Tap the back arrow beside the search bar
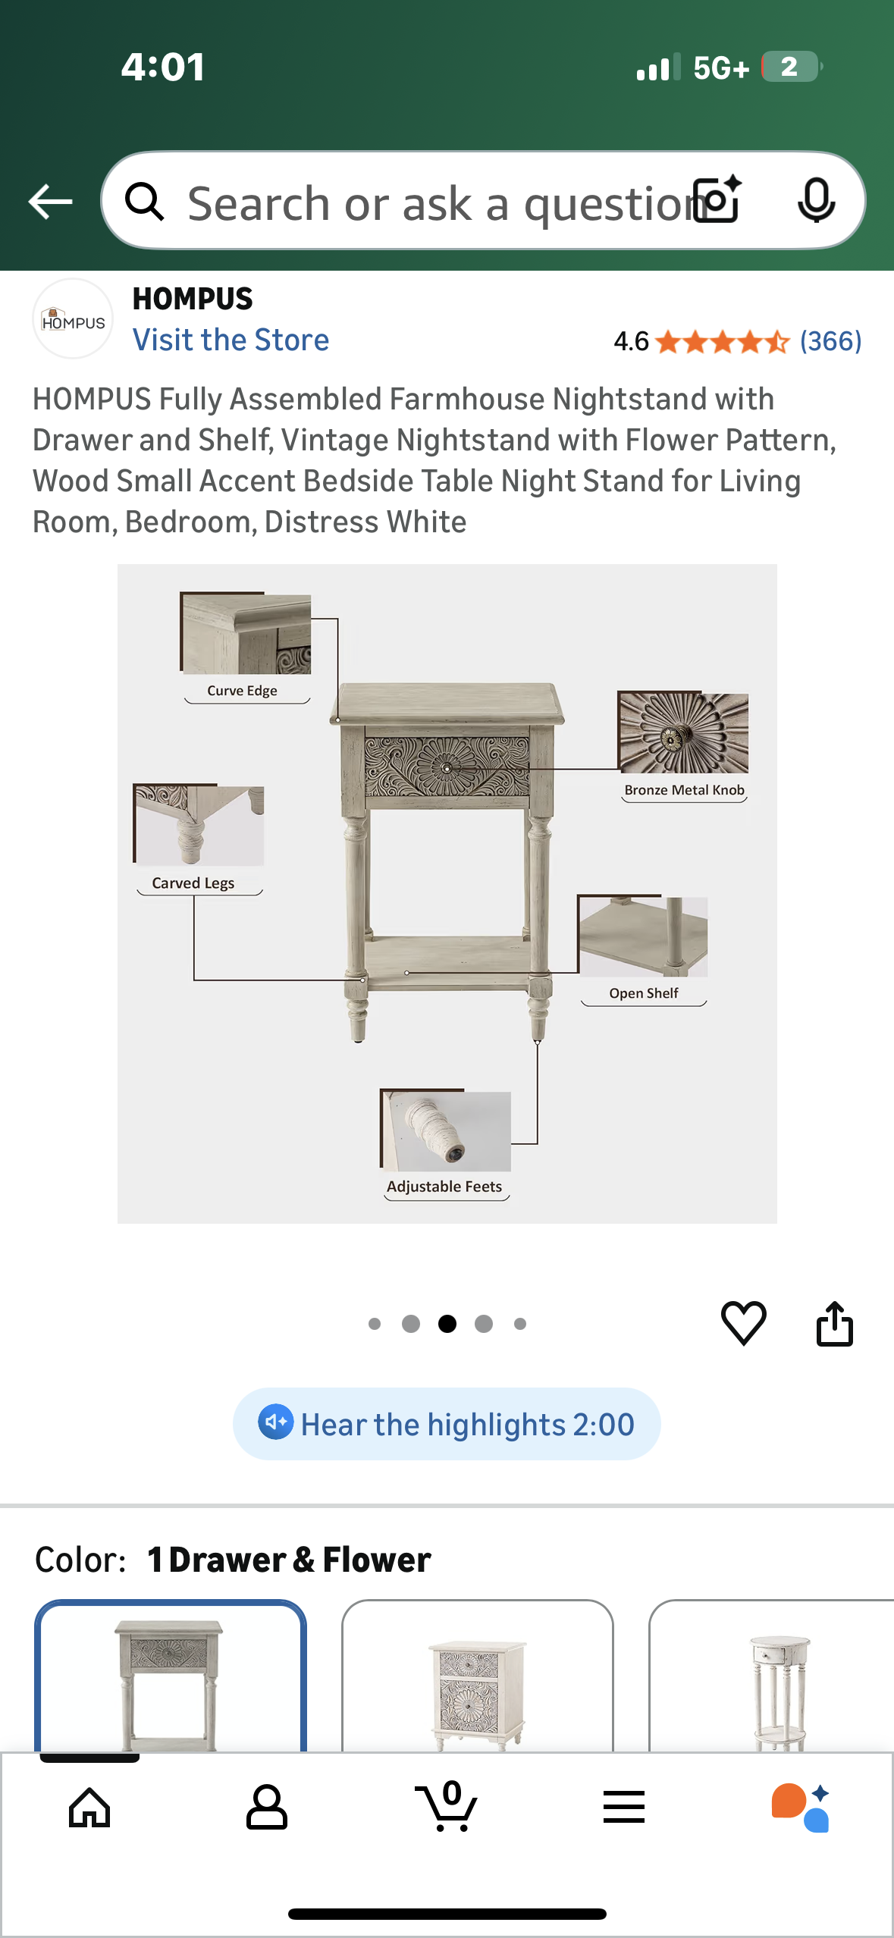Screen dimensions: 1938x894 point(50,202)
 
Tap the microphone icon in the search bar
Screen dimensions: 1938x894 point(816,201)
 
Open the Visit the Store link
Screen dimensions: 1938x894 point(231,340)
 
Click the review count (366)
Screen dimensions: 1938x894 point(830,341)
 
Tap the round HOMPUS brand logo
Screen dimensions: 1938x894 point(73,319)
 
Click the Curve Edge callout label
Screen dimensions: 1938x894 point(243,691)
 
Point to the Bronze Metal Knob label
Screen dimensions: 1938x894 point(684,790)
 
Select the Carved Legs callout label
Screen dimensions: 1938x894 point(193,883)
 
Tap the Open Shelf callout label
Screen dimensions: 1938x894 point(644,993)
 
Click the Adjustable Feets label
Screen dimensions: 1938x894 point(444,1187)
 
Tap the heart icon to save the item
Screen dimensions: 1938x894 point(743,1323)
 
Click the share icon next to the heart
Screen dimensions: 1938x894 point(834,1324)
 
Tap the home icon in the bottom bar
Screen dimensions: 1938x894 point(89,1808)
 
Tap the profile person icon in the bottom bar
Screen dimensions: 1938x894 point(267,1808)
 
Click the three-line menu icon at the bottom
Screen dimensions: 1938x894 point(624,1808)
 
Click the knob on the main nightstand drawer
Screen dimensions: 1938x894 point(447,768)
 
